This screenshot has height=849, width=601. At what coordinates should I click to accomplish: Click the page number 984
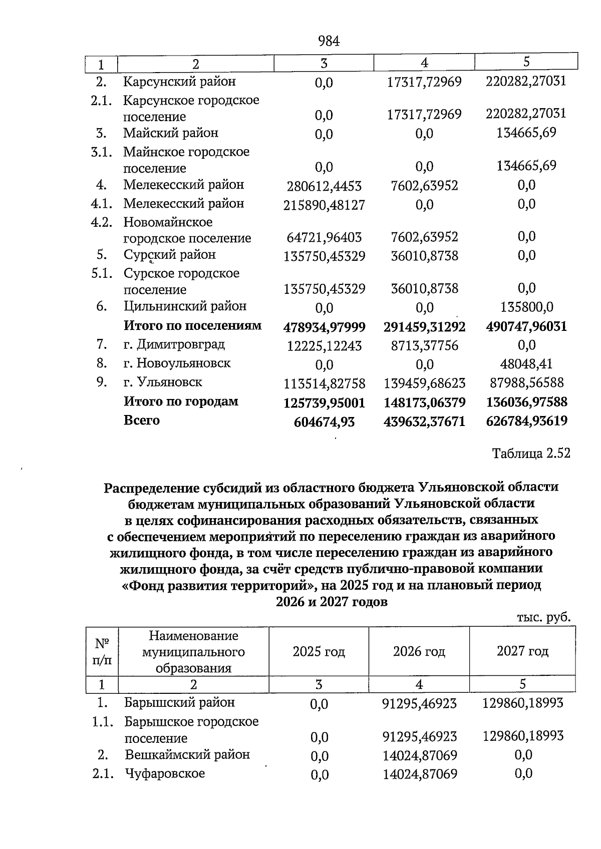tap(329, 42)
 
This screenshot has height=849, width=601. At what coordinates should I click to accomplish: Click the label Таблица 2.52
tap(531, 454)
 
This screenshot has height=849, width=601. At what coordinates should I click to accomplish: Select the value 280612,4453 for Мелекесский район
tap(324, 187)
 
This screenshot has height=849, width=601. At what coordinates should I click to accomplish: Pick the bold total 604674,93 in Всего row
tap(324, 422)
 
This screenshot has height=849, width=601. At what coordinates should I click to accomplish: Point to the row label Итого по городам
tap(181, 401)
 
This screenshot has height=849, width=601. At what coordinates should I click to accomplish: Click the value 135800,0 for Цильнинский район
tap(526, 307)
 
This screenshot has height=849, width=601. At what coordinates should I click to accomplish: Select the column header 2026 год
tap(419, 651)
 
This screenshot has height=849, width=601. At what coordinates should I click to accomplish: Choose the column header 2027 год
tap(522, 651)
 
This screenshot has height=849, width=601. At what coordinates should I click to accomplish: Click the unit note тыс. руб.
tap(543, 618)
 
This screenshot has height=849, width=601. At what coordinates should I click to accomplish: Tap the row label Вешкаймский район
tap(187, 754)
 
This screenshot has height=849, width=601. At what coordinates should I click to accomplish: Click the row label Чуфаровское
tap(165, 773)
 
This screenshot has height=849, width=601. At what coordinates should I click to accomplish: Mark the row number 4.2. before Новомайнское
tap(102, 222)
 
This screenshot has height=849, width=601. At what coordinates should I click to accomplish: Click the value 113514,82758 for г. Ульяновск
tap(324, 383)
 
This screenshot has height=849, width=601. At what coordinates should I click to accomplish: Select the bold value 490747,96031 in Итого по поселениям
tap(526, 327)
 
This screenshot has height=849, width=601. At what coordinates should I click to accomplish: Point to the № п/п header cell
tap(102, 651)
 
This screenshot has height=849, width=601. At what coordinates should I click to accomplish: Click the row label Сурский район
tap(170, 255)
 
